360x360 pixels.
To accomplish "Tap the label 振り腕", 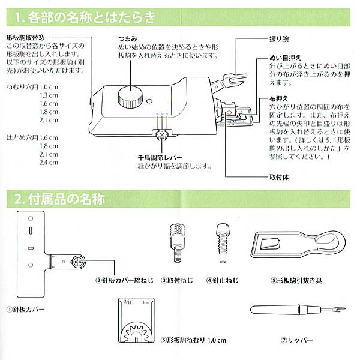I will (278, 38).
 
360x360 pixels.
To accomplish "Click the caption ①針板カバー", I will (25, 310).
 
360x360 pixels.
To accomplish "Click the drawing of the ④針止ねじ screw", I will (220, 241).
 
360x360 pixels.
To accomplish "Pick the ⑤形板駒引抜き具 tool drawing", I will (294, 245).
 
